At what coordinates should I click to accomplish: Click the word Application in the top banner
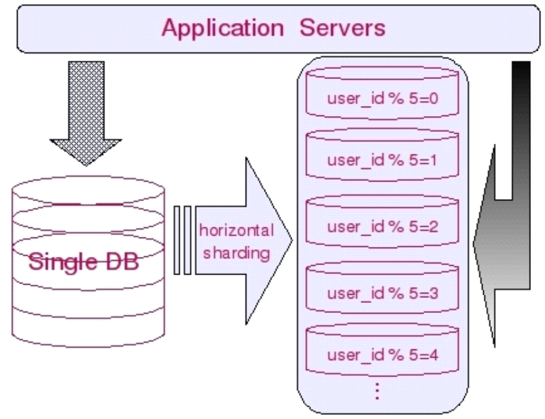(x=223, y=28)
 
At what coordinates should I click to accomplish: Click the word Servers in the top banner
(x=342, y=28)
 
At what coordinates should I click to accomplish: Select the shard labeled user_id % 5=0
(x=382, y=93)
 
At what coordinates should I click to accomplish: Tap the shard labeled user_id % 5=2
(x=382, y=221)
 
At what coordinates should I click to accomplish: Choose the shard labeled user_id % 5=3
(x=382, y=287)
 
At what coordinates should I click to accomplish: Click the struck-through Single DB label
(x=84, y=262)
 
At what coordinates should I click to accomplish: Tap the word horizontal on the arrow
(x=236, y=230)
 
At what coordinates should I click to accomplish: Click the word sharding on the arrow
(x=236, y=253)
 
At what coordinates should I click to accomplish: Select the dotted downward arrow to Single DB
(x=86, y=113)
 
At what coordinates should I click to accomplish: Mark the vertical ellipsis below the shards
(x=378, y=391)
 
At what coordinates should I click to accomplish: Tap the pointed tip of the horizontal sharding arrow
(x=292, y=240)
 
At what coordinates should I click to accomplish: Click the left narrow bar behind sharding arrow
(x=177, y=240)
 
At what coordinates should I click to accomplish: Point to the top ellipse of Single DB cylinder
(x=88, y=190)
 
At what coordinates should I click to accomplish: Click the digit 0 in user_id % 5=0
(x=434, y=99)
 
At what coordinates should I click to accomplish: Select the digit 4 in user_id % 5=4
(x=434, y=355)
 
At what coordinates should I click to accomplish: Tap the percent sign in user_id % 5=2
(x=397, y=227)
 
